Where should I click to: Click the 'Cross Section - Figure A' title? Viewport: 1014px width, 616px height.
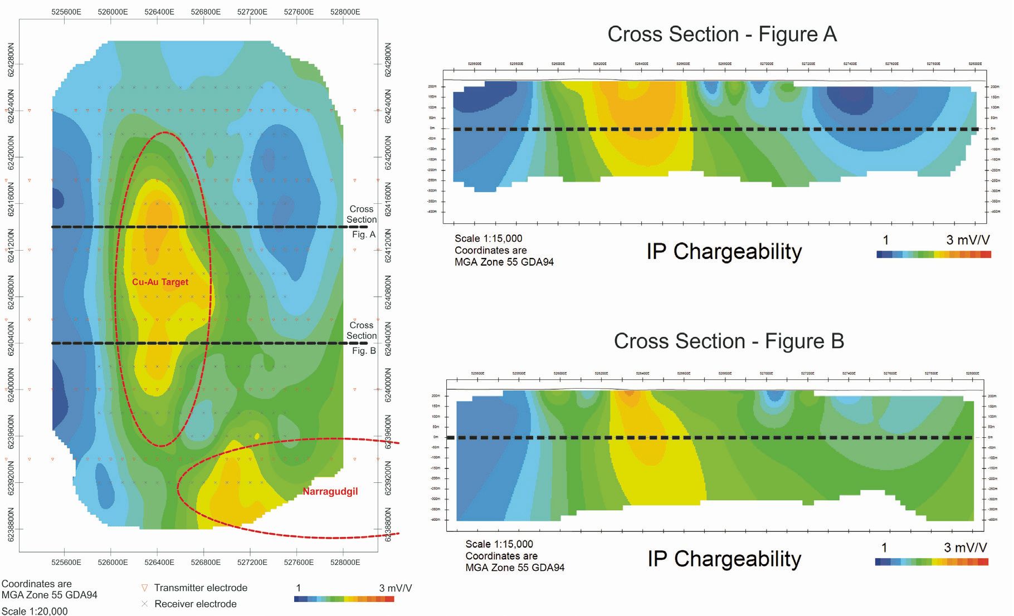click(x=721, y=35)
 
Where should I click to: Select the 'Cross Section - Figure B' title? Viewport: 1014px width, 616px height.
click(x=728, y=341)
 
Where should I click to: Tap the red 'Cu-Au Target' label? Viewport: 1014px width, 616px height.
click(x=160, y=282)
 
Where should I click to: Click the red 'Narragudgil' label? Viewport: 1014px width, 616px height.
click(x=330, y=491)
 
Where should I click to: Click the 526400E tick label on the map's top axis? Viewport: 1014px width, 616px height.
click(x=159, y=12)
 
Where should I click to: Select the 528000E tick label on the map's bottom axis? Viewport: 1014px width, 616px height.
click(x=345, y=562)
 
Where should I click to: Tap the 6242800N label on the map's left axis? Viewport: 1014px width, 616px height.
click(x=11, y=60)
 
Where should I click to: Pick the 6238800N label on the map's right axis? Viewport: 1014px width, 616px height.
click(x=388, y=525)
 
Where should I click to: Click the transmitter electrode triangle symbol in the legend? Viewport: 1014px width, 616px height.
click(x=145, y=588)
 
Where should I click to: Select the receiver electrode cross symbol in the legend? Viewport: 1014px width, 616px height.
click(x=145, y=604)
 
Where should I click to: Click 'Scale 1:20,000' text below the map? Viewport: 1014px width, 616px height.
click(x=35, y=611)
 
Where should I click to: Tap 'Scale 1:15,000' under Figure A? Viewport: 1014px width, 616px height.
click(x=488, y=238)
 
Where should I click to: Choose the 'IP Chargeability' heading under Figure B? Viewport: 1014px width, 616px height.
click(x=724, y=559)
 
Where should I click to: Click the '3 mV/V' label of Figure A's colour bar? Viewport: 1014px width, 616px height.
click(x=968, y=240)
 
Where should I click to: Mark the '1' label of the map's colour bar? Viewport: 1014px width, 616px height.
click(x=299, y=588)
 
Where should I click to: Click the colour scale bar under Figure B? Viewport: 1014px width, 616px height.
click(x=931, y=562)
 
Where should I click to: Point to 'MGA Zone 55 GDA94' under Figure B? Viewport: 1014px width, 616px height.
click(x=515, y=568)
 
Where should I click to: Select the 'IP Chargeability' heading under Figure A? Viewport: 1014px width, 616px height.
click(x=724, y=252)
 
